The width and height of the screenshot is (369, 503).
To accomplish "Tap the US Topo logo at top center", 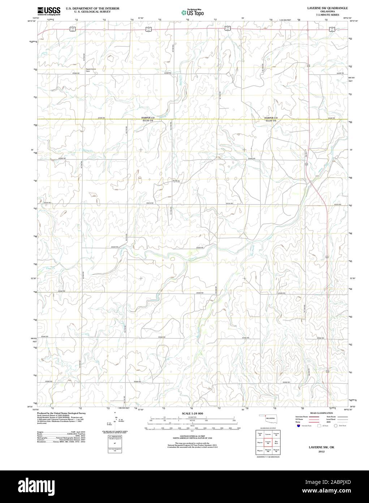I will [x=193, y=12].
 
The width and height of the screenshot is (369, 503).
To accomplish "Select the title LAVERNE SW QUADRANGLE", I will [x=327, y=8].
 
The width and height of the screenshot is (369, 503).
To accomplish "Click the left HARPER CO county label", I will [x=148, y=118].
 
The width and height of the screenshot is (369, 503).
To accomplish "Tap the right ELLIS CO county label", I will [x=270, y=121].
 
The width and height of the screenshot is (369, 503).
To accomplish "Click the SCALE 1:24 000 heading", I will [x=192, y=413].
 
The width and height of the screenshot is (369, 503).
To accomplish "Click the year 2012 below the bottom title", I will [x=322, y=451].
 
